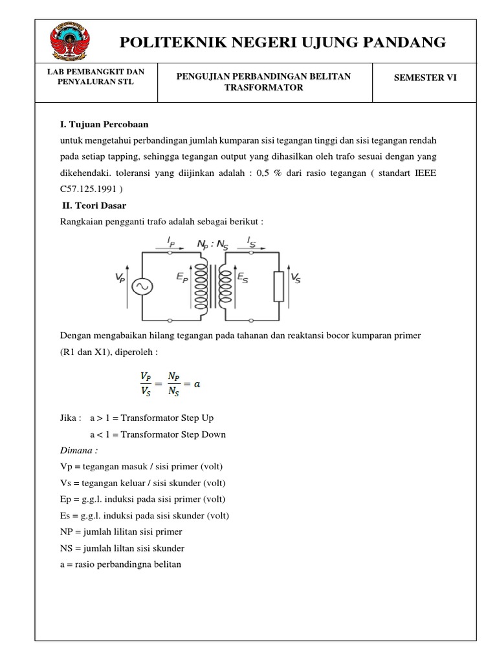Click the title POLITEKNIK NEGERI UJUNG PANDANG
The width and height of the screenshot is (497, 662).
click(283, 43)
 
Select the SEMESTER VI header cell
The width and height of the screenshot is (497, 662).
click(425, 78)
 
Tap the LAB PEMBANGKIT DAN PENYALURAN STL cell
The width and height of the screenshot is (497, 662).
click(96, 77)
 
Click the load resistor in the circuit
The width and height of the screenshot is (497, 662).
click(279, 286)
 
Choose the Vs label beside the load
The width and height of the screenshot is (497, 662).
click(296, 278)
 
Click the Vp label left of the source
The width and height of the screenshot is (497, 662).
click(120, 278)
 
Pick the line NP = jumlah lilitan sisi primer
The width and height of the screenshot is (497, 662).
click(121, 531)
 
